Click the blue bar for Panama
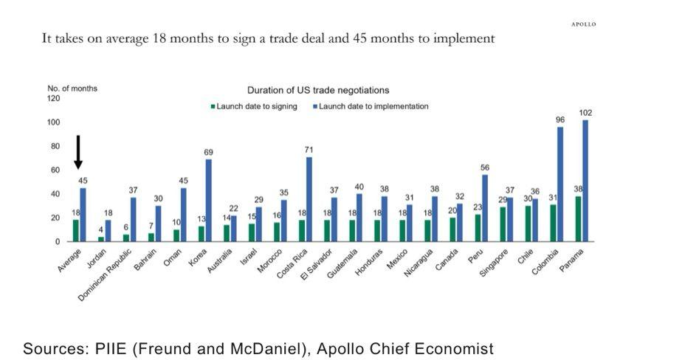[585, 181]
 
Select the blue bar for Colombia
[560, 184]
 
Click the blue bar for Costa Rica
[309, 199]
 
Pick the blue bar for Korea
[209, 201]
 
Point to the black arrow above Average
[78, 151]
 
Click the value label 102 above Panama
[585, 113]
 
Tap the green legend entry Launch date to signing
[254, 106]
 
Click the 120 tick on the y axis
[54, 98]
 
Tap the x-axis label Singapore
[489, 260]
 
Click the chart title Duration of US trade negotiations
[318, 90]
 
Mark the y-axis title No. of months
[72, 89]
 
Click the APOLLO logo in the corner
[583, 24]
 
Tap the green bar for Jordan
[101, 239]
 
